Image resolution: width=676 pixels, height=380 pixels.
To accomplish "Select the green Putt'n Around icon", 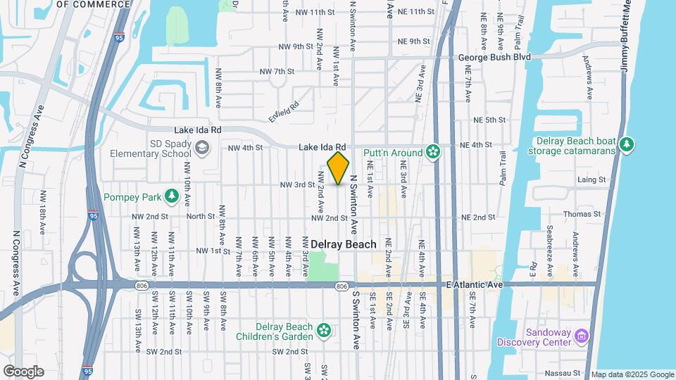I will pyautogui.click(x=434, y=152).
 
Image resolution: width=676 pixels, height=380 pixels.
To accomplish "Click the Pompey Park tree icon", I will pyautogui.click(x=170, y=195).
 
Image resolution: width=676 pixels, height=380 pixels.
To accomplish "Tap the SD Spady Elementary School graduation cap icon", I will pyautogui.click(x=202, y=148).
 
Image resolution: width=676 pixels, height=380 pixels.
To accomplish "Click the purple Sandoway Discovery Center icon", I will pyautogui.click(x=582, y=337).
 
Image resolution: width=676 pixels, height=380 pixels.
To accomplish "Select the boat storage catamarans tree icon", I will pyautogui.click(x=627, y=146).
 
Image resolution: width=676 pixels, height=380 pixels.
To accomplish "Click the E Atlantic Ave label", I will pyautogui.click(x=475, y=284).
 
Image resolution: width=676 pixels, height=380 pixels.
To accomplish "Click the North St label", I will pyautogui.click(x=200, y=217).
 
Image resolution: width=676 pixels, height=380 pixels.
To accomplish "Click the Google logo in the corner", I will pyautogui.click(x=23, y=372).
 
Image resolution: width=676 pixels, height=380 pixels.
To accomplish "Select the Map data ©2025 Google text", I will pyautogui.click(x=632, y=374).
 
